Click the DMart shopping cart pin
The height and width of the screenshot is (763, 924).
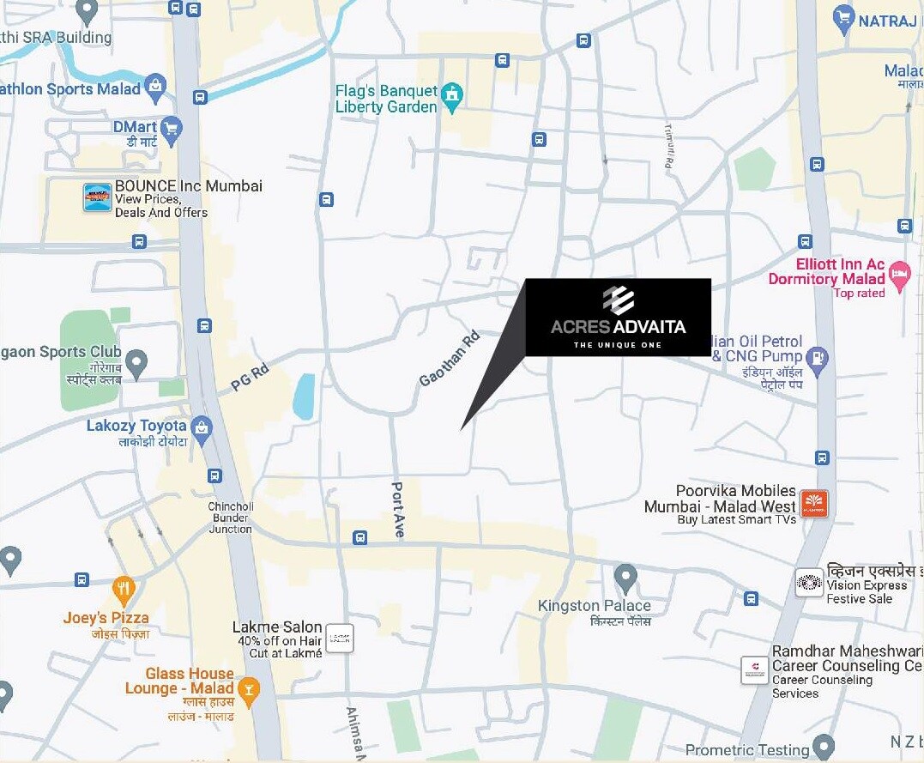[x=172, y=129]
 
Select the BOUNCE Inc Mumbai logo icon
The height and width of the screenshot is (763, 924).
[x=97, y=197]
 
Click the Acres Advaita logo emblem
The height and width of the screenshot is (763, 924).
[x=618, y=300]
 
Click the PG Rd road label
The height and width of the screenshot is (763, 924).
[x=250, y=378]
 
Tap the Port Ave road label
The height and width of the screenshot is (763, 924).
[x=397, y=510]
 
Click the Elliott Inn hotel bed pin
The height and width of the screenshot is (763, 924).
[x=899, y=276]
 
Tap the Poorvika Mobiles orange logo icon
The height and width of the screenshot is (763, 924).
[x=813, y=504]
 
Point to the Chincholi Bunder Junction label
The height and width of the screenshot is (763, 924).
[x=230, y=518]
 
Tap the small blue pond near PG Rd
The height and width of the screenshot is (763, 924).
[x=304, y=397]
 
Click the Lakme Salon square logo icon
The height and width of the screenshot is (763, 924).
[x=340, y=639]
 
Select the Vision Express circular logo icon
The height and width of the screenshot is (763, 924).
[x=808, y=584]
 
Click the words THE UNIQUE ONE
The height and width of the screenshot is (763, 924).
[x=618, y=345]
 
